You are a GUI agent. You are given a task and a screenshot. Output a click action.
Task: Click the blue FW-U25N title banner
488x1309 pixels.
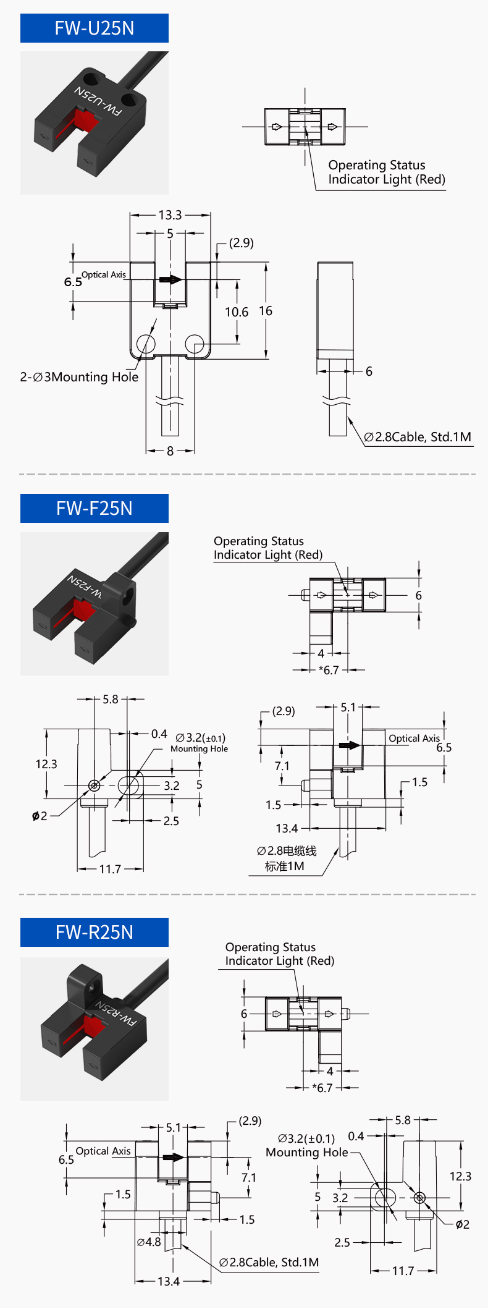tap(94, 28)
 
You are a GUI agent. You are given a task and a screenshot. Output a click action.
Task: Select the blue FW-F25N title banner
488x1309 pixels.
tap(94, 508)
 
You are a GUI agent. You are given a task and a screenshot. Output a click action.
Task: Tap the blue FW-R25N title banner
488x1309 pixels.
tap(94, 932)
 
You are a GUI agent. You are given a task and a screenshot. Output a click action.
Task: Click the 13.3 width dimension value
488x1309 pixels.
tap(170, 215)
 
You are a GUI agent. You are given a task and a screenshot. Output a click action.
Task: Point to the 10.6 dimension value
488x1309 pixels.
tap(236, 312)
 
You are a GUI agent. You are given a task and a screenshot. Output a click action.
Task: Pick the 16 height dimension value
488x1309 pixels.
tap(266, 311)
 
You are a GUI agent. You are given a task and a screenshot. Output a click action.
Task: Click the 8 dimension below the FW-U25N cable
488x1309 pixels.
tap(170, 451)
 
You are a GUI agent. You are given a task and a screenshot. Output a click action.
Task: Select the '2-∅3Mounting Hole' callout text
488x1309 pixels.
tap(79, 377)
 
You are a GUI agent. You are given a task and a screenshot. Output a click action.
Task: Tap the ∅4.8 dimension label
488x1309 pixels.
tap(149, 1242)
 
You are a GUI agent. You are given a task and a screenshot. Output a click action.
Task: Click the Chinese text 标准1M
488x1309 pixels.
tap(284, 866)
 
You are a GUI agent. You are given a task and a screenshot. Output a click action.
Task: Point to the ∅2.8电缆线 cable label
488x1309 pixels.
tap(287, 851)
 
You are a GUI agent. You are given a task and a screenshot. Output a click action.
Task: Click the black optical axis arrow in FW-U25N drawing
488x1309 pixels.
tap(170, 279)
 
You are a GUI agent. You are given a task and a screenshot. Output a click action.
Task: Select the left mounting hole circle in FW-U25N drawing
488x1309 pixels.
tap(146, 343)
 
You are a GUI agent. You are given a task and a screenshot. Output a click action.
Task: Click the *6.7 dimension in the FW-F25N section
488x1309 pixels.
tap(329, 670)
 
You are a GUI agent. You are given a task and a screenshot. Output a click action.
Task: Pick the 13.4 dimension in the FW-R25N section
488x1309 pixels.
tap(169, 1281)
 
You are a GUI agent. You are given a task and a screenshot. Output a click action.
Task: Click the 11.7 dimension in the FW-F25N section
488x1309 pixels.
tap(110, 869)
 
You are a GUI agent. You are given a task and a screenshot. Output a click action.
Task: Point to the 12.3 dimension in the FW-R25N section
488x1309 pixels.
tap(460, 1176)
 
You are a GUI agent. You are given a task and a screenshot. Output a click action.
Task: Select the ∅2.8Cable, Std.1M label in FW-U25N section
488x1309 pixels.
tap(418, 437)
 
